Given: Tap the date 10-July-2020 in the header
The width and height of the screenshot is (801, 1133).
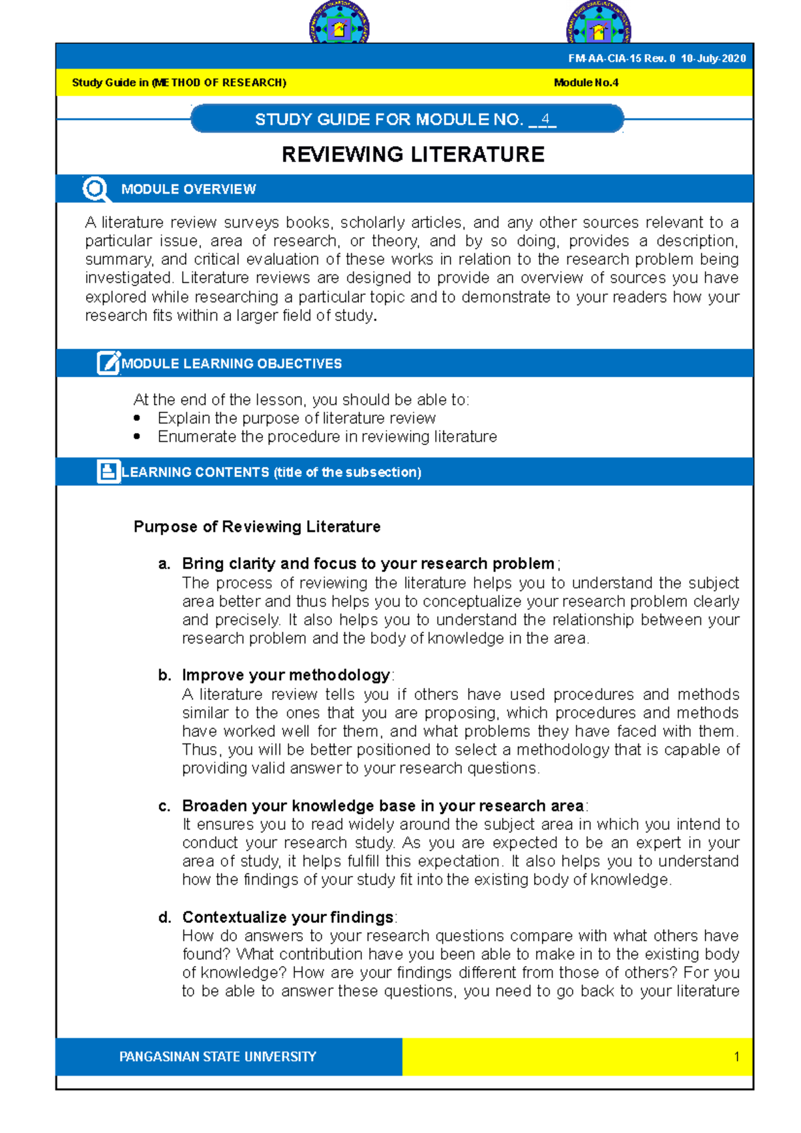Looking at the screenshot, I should (x=713, y=59).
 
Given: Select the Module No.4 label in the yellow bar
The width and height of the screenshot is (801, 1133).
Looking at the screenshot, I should (x=586, y=83).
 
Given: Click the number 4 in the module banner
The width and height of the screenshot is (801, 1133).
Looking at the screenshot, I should (x=545, y=119).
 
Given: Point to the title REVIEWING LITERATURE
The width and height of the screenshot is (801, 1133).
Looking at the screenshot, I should (x=413, y=155).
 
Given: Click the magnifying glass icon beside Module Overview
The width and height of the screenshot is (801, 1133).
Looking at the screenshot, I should (x=96, y=190).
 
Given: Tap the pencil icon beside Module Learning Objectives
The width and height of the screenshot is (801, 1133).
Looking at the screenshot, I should (x=108, y=363).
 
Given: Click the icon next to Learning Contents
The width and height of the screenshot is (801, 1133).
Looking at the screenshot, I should (x=108, y=472).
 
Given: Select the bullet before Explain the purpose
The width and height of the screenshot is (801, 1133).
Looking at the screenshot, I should (x=137, y=418).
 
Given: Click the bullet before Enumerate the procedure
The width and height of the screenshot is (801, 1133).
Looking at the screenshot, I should (x=137, y=437).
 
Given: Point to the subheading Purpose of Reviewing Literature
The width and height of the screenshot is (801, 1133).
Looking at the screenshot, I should (x=257, y=527).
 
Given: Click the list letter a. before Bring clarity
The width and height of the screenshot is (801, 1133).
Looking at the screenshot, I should (x=164, y=564).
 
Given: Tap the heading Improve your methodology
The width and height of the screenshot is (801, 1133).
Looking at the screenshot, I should (x=286, y=675).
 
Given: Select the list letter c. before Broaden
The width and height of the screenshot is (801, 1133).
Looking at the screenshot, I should (x=164, y=806).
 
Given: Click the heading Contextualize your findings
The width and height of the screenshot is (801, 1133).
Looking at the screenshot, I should (x=288, y=917).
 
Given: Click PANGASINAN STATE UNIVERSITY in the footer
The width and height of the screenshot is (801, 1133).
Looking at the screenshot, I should (x=218, y=1057).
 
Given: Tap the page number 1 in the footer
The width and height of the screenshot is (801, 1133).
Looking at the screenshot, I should (x=736, y=1057).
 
